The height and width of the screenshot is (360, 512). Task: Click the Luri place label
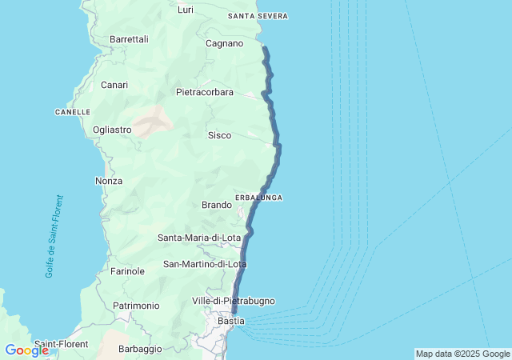tap(186, 10)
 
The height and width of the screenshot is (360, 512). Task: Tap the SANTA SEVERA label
tap(258, 16)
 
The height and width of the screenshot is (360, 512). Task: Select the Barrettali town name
tap(129, 38)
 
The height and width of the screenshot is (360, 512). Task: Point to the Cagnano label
tap(224, 43)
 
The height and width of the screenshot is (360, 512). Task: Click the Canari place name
tap(114, 85)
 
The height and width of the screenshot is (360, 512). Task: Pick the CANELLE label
tap(72, 112)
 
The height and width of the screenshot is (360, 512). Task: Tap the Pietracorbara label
tap(205, 92)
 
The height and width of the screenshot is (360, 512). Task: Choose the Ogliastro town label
tap(112, 130)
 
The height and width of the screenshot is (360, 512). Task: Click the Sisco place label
tap(219, 135)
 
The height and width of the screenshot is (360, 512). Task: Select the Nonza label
tap(109, 181)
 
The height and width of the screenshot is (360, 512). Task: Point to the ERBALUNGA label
tap(258, 197)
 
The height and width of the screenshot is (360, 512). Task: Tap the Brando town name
tap(217, 205)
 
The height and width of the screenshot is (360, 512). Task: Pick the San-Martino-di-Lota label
tap(205, 264)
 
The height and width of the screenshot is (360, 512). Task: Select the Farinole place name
tap(127, 271)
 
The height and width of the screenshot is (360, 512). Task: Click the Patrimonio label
tap(136, 306)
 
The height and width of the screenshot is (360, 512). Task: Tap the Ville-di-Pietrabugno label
tap(234, 301)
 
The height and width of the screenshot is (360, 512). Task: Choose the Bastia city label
tap(231, 321)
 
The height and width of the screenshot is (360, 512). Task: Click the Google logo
tap(26, 350)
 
